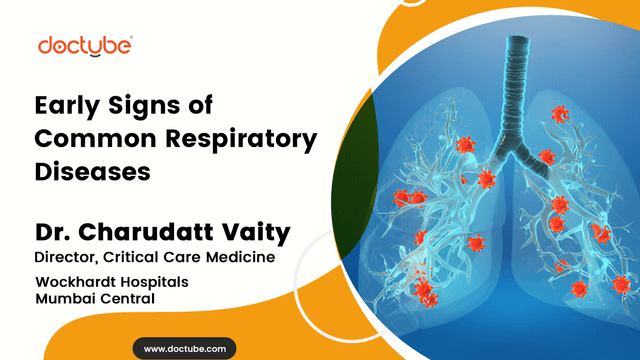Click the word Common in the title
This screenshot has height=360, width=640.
point(93,138)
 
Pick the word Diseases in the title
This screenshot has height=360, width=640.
point(92,171)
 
